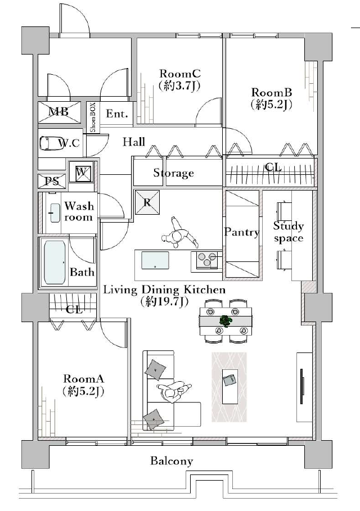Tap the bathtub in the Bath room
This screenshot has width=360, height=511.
pos(55,263)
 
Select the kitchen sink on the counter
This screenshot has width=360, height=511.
pos(155,260)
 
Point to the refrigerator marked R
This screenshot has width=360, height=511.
pos(147,202)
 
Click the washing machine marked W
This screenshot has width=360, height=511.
pos(81,171)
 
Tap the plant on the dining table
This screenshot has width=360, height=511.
pos(226,320)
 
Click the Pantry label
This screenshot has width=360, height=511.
pos(242,232)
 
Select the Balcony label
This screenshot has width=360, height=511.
pos(172,461)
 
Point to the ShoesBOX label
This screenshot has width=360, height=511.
pos(93,117)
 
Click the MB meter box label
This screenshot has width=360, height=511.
pos(58,112)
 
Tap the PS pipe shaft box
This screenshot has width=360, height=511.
pos(52,181)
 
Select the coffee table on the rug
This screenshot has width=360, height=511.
pos(230,386)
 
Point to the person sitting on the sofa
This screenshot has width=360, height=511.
pos(173,391)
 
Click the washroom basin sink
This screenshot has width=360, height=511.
pos(55,213)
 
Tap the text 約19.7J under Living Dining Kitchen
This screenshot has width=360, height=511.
pos(164,302)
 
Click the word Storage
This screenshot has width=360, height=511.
pos(173,173)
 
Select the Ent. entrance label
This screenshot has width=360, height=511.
pos(117,114)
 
